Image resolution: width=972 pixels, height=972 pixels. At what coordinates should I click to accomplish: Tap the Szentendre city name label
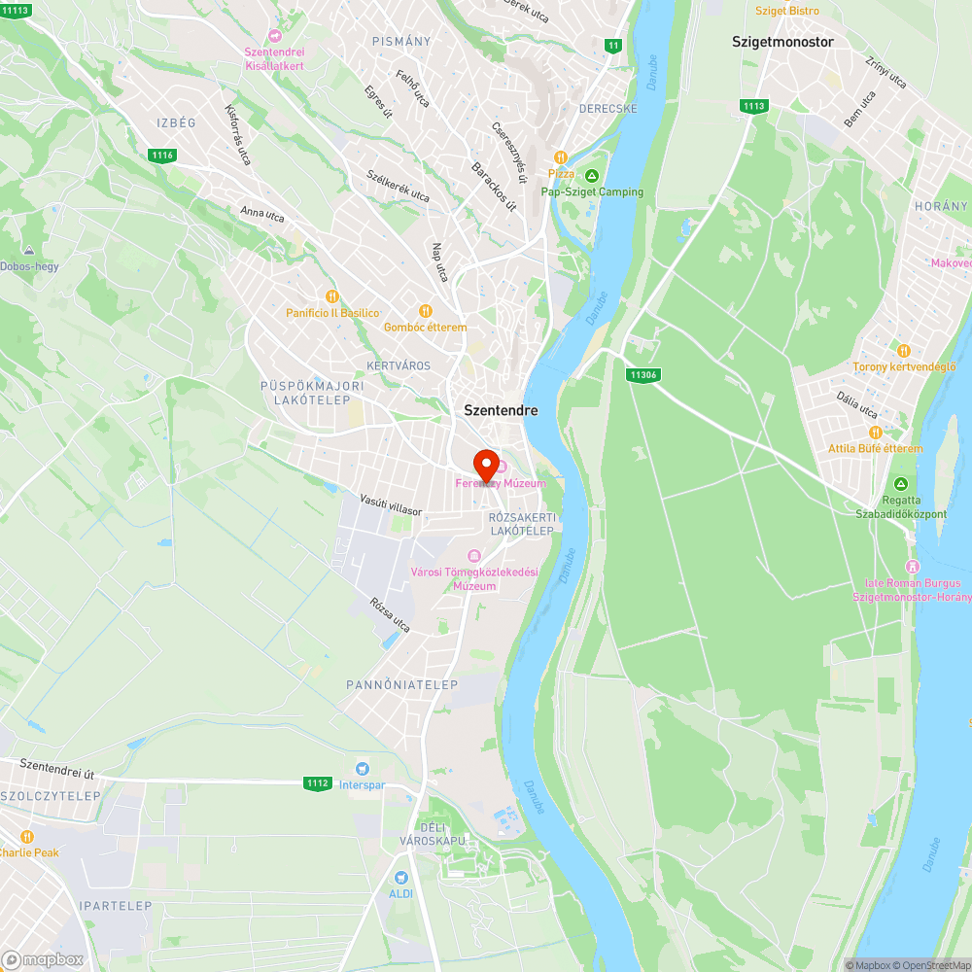pyautogui.click(x=501, y=410)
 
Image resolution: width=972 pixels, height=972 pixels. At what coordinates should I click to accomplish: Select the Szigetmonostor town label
pyautogui.click(x=782, y=42)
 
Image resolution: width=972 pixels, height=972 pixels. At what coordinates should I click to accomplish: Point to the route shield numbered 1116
pyautogui.click(x=162, y=155)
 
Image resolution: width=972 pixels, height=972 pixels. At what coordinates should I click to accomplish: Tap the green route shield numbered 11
pyautogui.click(x=612, y=46)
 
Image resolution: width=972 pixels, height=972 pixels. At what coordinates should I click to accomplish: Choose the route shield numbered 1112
pyautogui.click(x=317, y=783)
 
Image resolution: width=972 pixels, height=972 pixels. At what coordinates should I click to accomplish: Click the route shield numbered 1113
pyautogui.click(x=752, y=106)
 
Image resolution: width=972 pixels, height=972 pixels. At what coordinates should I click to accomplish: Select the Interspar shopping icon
pyautogui.click(x=363, y=768)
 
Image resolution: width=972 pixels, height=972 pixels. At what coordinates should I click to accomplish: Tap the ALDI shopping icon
pyautogui.click(x=399, y=877)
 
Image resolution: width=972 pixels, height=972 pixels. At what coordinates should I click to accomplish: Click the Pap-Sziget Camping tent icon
pyautogui.click(x=592, y=176)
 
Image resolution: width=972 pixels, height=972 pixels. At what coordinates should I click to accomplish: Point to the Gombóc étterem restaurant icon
pyautogui.click(x=425, y=311)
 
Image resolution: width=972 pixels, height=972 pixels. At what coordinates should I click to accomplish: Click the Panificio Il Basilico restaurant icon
pyautogui.click(x=331, y=296)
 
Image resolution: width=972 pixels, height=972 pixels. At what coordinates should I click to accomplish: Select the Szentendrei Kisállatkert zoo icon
pyautogui.click(x=274, y=36)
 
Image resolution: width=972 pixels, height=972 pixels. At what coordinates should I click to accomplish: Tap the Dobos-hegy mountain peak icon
pyautogui.click(x=28, y=250)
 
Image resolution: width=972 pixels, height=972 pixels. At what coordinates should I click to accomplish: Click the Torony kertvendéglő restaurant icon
pyautogui.click(x=904, y=350)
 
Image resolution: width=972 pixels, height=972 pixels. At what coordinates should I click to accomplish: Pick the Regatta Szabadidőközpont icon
pyautogui.click(x=901, y=484)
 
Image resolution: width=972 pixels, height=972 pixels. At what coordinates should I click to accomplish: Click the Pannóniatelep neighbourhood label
pyautogui.click(x=401, y=685)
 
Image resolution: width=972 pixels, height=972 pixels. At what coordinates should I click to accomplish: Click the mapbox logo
pyautogui.click(x=43, y=958)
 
